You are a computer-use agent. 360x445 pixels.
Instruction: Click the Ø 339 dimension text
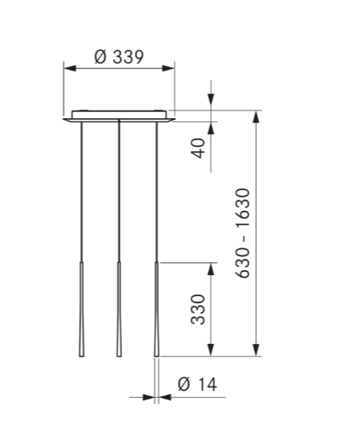(x=118, y=57)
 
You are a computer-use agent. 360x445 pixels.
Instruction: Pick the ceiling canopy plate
(x=119, y=116)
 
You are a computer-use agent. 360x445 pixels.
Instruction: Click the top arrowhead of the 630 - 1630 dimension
(x=257, y=116)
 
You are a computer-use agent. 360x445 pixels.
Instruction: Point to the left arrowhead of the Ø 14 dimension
(x=149, y=398)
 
